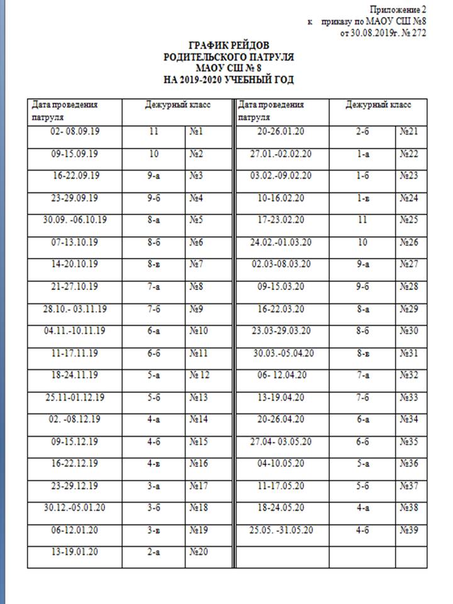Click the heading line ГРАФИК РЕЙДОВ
click(x=228, y=46)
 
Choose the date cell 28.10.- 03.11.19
click(x=75, y=309)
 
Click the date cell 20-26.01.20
click(x=281, y=132)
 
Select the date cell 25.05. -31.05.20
click(x=281, y=529)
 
